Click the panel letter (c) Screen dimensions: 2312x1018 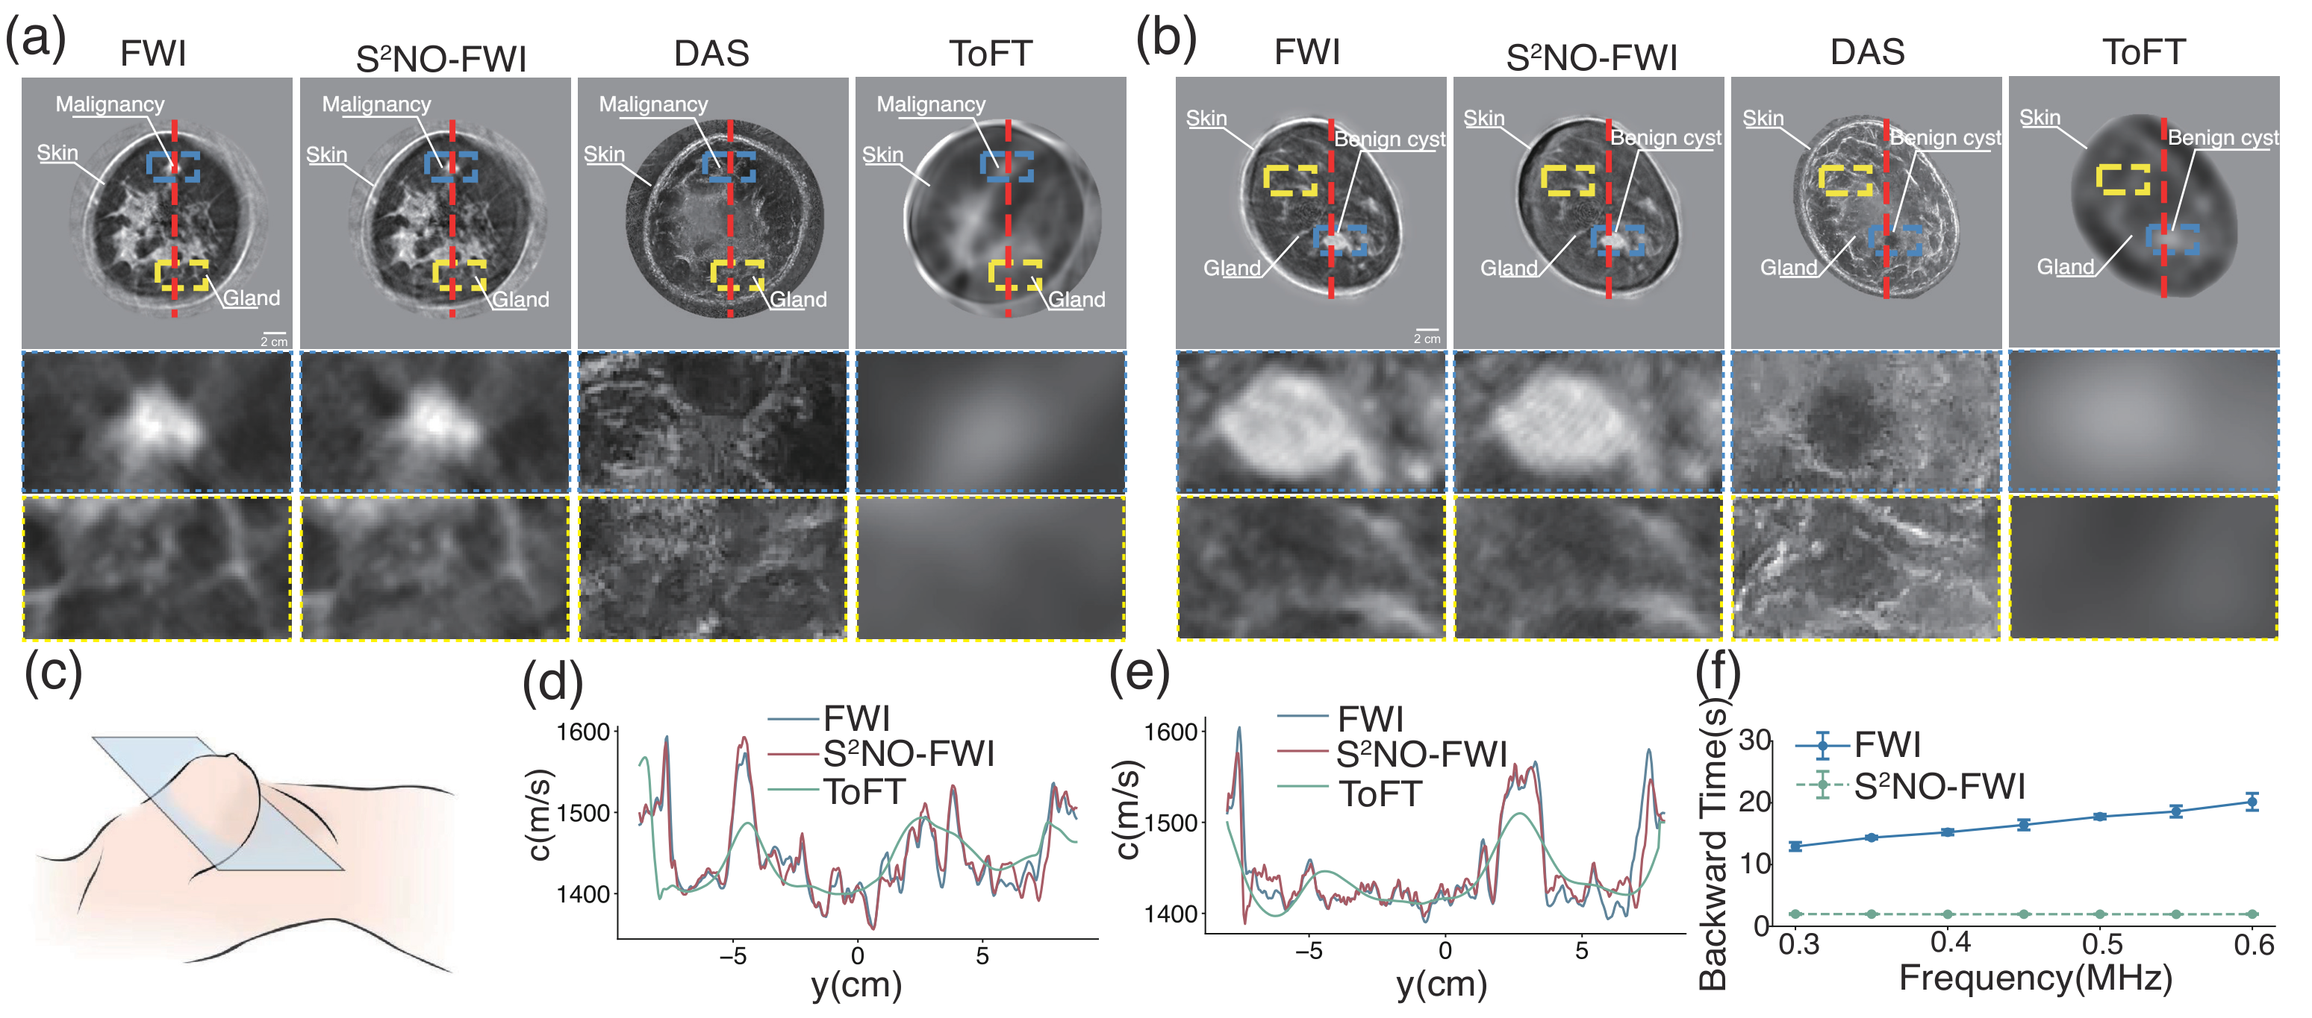coord(53,673)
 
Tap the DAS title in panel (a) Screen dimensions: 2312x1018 coord(711,53)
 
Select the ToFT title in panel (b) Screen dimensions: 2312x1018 coord(2143,52)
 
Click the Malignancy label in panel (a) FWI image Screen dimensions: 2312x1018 coord(110,104)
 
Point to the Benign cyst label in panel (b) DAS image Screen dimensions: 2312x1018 coord(1945,137)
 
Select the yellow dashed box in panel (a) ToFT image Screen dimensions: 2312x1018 coord(1015,274)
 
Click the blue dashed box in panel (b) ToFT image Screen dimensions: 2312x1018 coord(2172,239)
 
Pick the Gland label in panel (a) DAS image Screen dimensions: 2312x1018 coord(798,300)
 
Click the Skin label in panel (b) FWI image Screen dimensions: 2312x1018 coord(1206,119)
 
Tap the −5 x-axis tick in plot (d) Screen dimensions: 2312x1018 coord(732,956)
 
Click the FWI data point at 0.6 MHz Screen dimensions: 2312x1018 coord(2252,802)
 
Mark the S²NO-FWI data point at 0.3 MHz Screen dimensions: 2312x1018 coord(1795,914)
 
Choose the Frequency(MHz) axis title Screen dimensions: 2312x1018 coord(2036,978)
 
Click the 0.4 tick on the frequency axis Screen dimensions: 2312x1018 coord(1949,942)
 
